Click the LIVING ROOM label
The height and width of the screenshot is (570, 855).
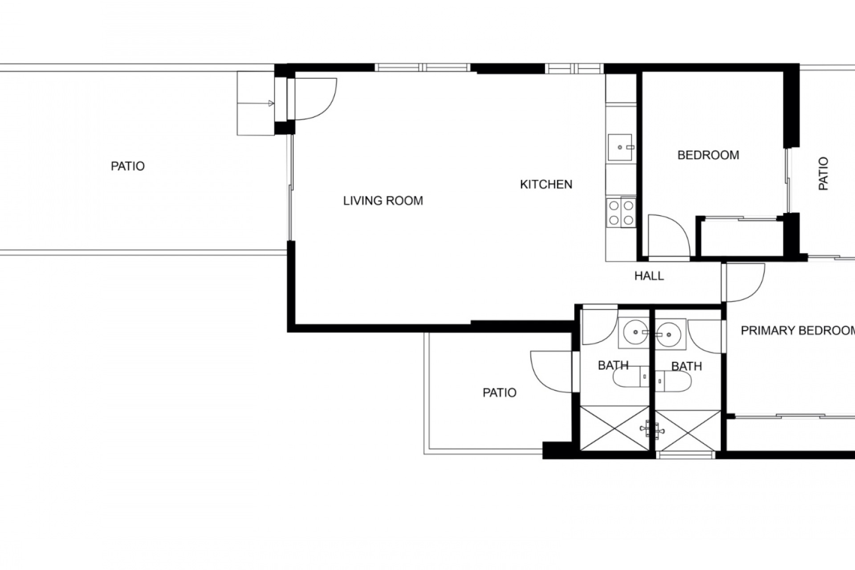click(383, 201)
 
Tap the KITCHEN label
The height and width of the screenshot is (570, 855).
click(546, 184)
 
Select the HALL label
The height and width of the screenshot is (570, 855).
click(649, 276)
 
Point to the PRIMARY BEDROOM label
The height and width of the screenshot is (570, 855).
click(798, 330)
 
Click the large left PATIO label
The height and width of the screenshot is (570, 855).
click(128, 166)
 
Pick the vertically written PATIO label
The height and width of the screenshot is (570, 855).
click(823, 174)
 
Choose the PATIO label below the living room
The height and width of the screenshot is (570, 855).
click(500, 392)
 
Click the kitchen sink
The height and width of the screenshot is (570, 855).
click(620, 147)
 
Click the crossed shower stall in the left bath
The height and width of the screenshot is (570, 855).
click(615, 428)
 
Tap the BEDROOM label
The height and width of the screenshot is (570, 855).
click(708, 155)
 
